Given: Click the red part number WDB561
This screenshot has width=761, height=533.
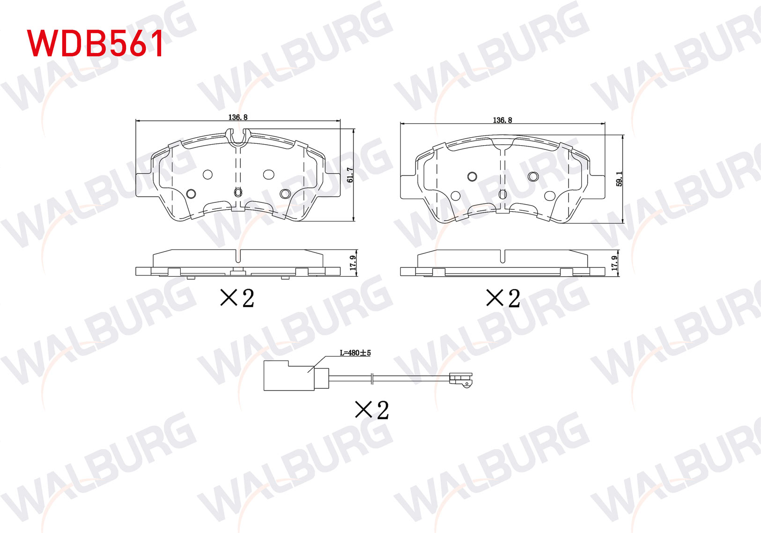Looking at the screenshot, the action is point(95,43).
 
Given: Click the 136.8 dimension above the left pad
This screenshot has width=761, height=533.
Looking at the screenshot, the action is point(238,117).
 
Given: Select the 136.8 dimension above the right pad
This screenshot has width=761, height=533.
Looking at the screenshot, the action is point(502,120).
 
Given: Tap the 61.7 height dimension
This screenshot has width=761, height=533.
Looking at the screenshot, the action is point(350,175).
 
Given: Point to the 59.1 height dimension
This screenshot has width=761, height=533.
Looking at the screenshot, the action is point(619,179).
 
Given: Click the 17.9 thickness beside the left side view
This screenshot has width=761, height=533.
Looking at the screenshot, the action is point(353,263).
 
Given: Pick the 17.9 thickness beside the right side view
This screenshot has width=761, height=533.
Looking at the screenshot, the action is point(614,263).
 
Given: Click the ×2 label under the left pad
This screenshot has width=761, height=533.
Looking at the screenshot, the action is point(237,298).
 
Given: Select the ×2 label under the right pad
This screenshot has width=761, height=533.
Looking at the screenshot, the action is point(503,298).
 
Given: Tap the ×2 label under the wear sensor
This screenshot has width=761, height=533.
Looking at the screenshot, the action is point(372,410).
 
